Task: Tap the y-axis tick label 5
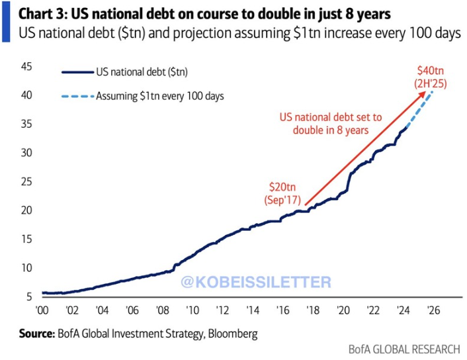click(x=28, y=296)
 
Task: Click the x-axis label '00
click(x=42, y=310)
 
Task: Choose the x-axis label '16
click(x=282, y=310)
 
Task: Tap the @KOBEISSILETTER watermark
click(x=255, y=283)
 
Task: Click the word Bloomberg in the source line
click(x=232, y=334)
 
